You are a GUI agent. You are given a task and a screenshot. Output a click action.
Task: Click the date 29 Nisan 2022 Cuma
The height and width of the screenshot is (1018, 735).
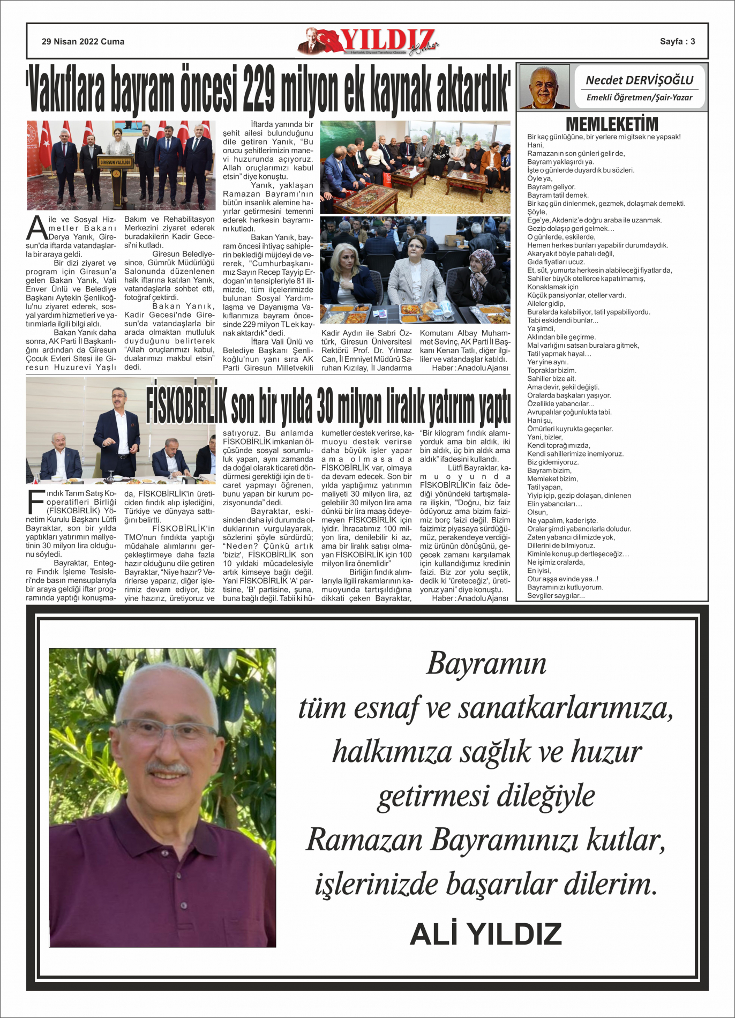[x=83, y=42]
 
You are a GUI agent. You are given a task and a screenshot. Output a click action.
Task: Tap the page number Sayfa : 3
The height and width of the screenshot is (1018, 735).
[x=677, y=42]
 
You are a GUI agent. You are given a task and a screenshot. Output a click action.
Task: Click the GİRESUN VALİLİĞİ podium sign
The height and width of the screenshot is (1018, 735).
[x=116, y=162]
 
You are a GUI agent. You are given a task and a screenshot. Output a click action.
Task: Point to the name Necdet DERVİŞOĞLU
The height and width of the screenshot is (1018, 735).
[x=640, y=80]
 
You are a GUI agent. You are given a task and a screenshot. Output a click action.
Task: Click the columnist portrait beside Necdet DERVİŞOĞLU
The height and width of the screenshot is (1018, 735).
[x=544, y=87]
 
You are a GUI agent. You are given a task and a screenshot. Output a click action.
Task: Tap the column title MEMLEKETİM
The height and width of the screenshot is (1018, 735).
[x=612, y=124]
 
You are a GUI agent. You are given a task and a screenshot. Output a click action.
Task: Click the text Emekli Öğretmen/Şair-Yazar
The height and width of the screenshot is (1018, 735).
[x=640, y=98]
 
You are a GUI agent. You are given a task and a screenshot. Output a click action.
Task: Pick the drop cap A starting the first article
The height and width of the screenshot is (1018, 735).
[x=36, y=228]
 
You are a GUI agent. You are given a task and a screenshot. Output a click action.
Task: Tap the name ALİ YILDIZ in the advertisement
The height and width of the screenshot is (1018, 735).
[x=485, y=934]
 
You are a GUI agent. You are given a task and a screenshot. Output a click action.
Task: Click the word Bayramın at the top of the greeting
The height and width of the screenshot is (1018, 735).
[x=486, y=663]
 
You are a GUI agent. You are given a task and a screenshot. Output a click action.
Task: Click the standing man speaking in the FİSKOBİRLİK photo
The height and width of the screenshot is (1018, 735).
[x=117, y=429]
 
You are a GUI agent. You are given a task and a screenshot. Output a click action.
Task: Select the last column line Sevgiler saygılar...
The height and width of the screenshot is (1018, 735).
[x=556, y=596]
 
